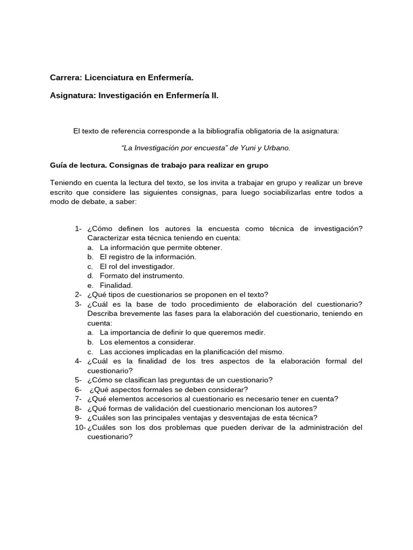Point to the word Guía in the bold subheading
pyautogui.click(x=59, y=165)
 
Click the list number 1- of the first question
pyautogui.click(x=78, y=228)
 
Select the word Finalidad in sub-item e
pyautogui.click(x=116, y=285)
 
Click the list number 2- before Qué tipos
pyautogui.click(x=78, y=294)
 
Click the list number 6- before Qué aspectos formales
pyautogui.click(x=78, y=389)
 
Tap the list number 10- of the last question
pyautogui.click(x=80, y=427)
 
